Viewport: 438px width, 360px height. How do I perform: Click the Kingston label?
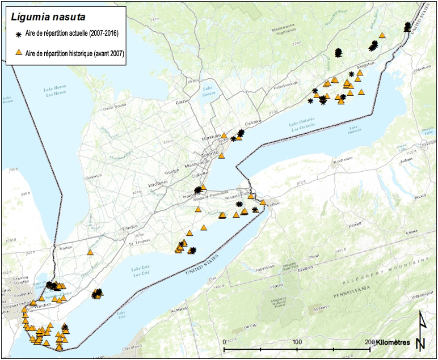364,66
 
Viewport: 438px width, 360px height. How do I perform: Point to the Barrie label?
182,102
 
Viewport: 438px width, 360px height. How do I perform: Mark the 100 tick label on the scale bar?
297,342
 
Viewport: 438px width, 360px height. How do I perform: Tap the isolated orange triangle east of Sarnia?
90,252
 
